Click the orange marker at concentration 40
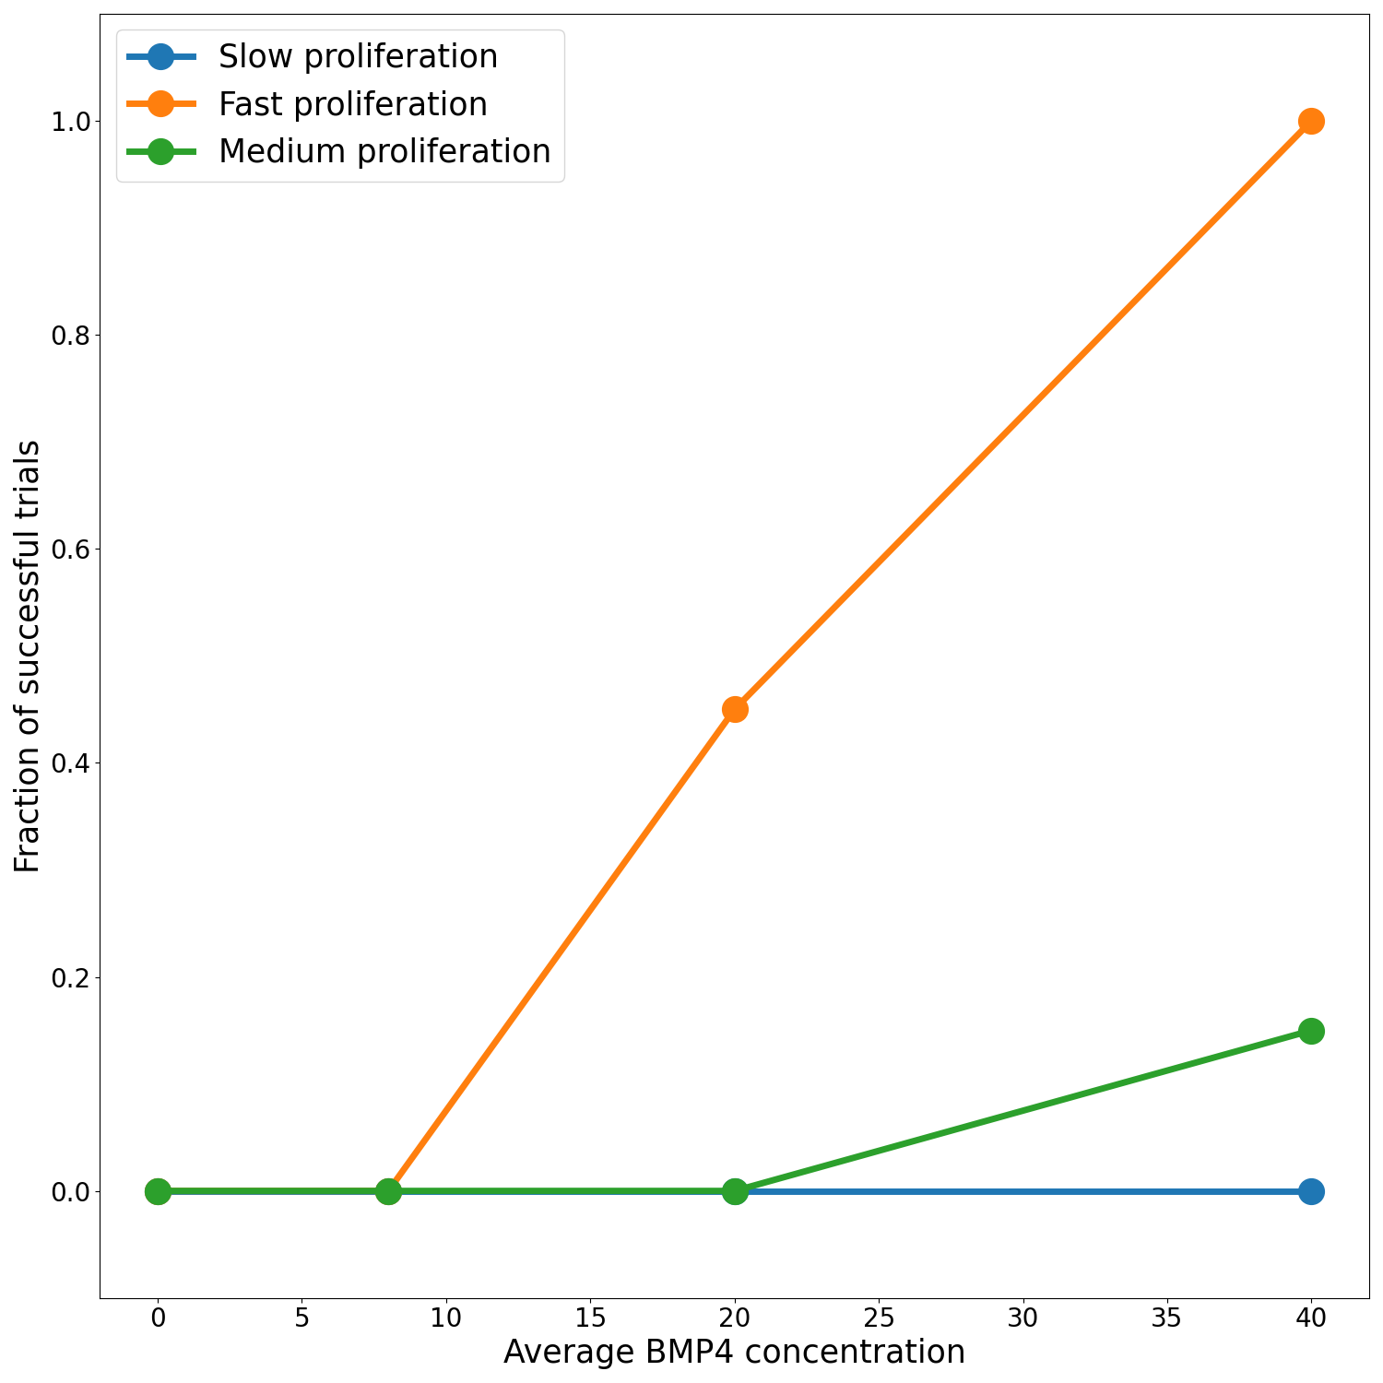click(x=1311, y=121)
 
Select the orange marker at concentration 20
click(x=735, y=709)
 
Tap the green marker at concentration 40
click(x=1311, y=1031)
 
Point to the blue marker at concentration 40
click(x=1311, y=1191)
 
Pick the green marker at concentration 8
click(x=389, y=1191)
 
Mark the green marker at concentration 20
click(x=735, y=1191)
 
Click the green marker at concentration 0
click(x=159, y=1191)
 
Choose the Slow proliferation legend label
click(x=358, y=57)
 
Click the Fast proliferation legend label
click(x=352, y=104)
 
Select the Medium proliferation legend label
click(x=384, y=151)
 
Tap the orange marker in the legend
click(x=160, y=104)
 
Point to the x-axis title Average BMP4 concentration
click(x=734, y=1353)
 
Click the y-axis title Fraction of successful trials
click(x=28, y=656)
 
